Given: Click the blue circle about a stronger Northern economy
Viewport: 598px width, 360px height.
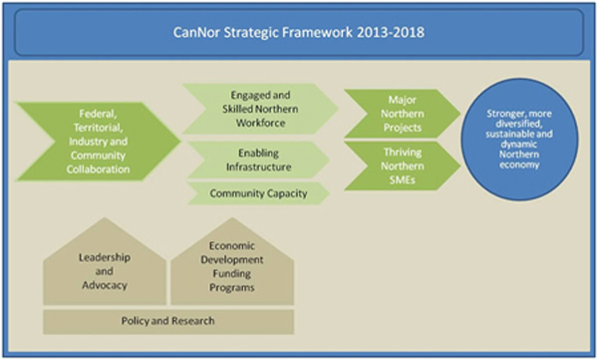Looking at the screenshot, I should coord(521,139).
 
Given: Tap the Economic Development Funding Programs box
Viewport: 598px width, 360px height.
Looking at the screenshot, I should coord(231,266).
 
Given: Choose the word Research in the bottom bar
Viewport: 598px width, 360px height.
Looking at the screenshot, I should coord(191,321).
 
